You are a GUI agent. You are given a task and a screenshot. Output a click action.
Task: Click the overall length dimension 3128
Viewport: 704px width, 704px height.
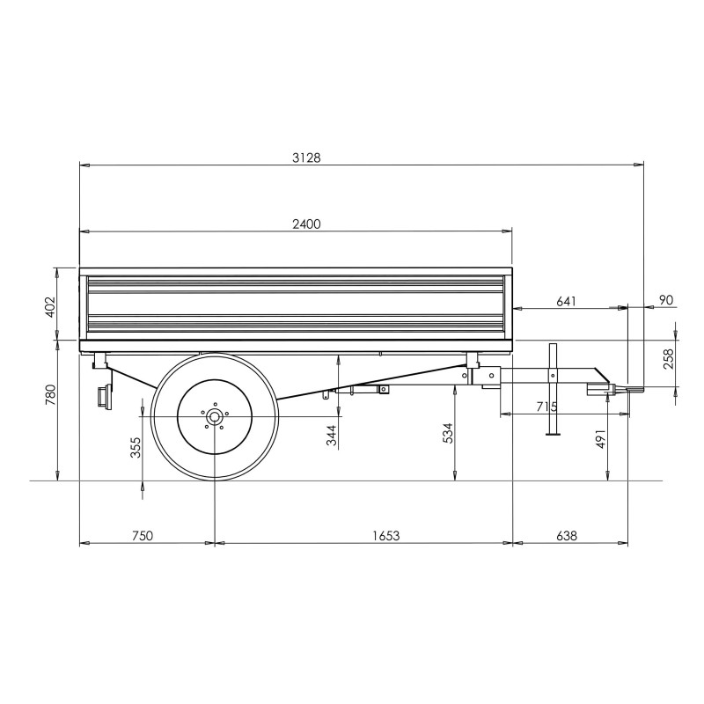pos(306,158)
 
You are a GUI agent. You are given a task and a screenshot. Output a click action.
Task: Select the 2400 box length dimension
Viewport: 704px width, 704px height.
pos(306,224)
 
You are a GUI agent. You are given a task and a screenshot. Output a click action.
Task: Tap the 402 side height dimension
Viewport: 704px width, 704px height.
pos(50,307)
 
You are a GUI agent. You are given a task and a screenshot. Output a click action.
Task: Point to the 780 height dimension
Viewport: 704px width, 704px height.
pos(50,394)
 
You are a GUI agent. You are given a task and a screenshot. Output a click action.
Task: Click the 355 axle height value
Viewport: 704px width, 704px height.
pos(136,447)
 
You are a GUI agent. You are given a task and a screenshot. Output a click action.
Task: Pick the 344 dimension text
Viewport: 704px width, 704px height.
pos(332,435)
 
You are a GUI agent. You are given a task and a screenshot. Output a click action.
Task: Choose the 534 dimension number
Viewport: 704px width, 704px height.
pos(448,433)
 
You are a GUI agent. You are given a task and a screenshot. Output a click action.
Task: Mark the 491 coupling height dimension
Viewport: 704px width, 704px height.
pos(601,438)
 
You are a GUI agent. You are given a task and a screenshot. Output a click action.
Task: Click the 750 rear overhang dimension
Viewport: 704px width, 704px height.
pos(142,536)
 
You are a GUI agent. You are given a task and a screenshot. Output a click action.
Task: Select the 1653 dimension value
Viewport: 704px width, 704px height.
pos(385,536)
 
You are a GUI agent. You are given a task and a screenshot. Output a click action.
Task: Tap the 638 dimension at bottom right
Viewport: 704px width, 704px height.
pos(567,536)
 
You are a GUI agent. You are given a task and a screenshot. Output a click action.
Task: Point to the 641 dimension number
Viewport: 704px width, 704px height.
pos(566,301)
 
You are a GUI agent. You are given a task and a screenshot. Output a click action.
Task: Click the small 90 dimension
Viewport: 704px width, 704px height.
pos(667,299)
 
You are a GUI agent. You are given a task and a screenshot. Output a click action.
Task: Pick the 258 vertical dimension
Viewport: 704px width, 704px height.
pos(669,359)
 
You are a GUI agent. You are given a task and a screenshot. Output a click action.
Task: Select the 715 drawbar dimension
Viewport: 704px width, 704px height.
pos(546,407)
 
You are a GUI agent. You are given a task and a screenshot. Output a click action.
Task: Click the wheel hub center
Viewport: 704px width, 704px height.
pos(215,416)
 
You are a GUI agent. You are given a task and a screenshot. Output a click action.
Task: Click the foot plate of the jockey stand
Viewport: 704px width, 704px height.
pos(554,433)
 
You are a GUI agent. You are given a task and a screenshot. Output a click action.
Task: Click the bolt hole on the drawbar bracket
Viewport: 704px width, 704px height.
pos(492,375)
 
